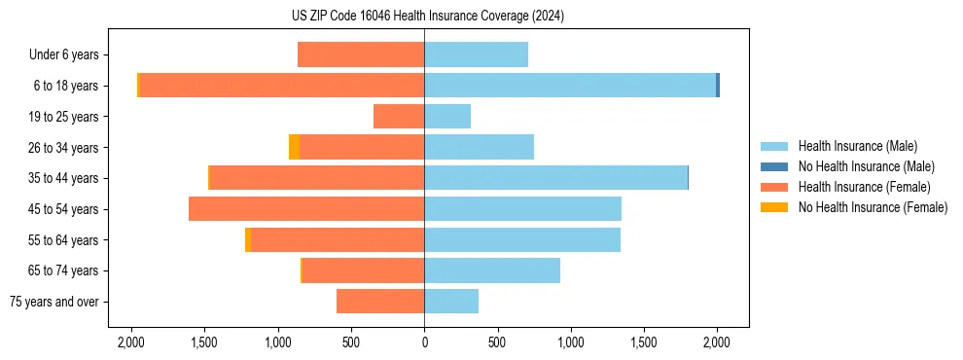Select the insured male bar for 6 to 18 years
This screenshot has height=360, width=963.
tap(570, 86)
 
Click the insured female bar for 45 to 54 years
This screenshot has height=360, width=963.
tap(306, 209)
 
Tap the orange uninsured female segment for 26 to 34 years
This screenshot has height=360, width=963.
tap(294, 147)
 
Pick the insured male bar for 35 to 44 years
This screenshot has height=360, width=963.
tap(555, 178)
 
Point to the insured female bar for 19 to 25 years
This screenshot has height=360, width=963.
tap(399, 117)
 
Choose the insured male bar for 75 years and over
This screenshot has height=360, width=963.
tap(451, 302)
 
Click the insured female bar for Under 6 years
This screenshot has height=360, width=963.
tap(361, 54)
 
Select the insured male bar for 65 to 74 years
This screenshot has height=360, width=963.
tap(492, 270)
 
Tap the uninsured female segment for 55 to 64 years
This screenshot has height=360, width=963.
tap(248, 239)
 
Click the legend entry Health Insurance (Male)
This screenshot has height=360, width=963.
tap(856, 146)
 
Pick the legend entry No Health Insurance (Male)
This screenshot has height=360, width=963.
tap(866, 166)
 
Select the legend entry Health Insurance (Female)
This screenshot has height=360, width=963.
tap(864, 187)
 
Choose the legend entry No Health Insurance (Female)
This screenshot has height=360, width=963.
tap(873, 207)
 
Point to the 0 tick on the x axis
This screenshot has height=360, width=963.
tap(424, 342)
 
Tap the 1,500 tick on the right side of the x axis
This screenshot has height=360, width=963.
tap(644, 342)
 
